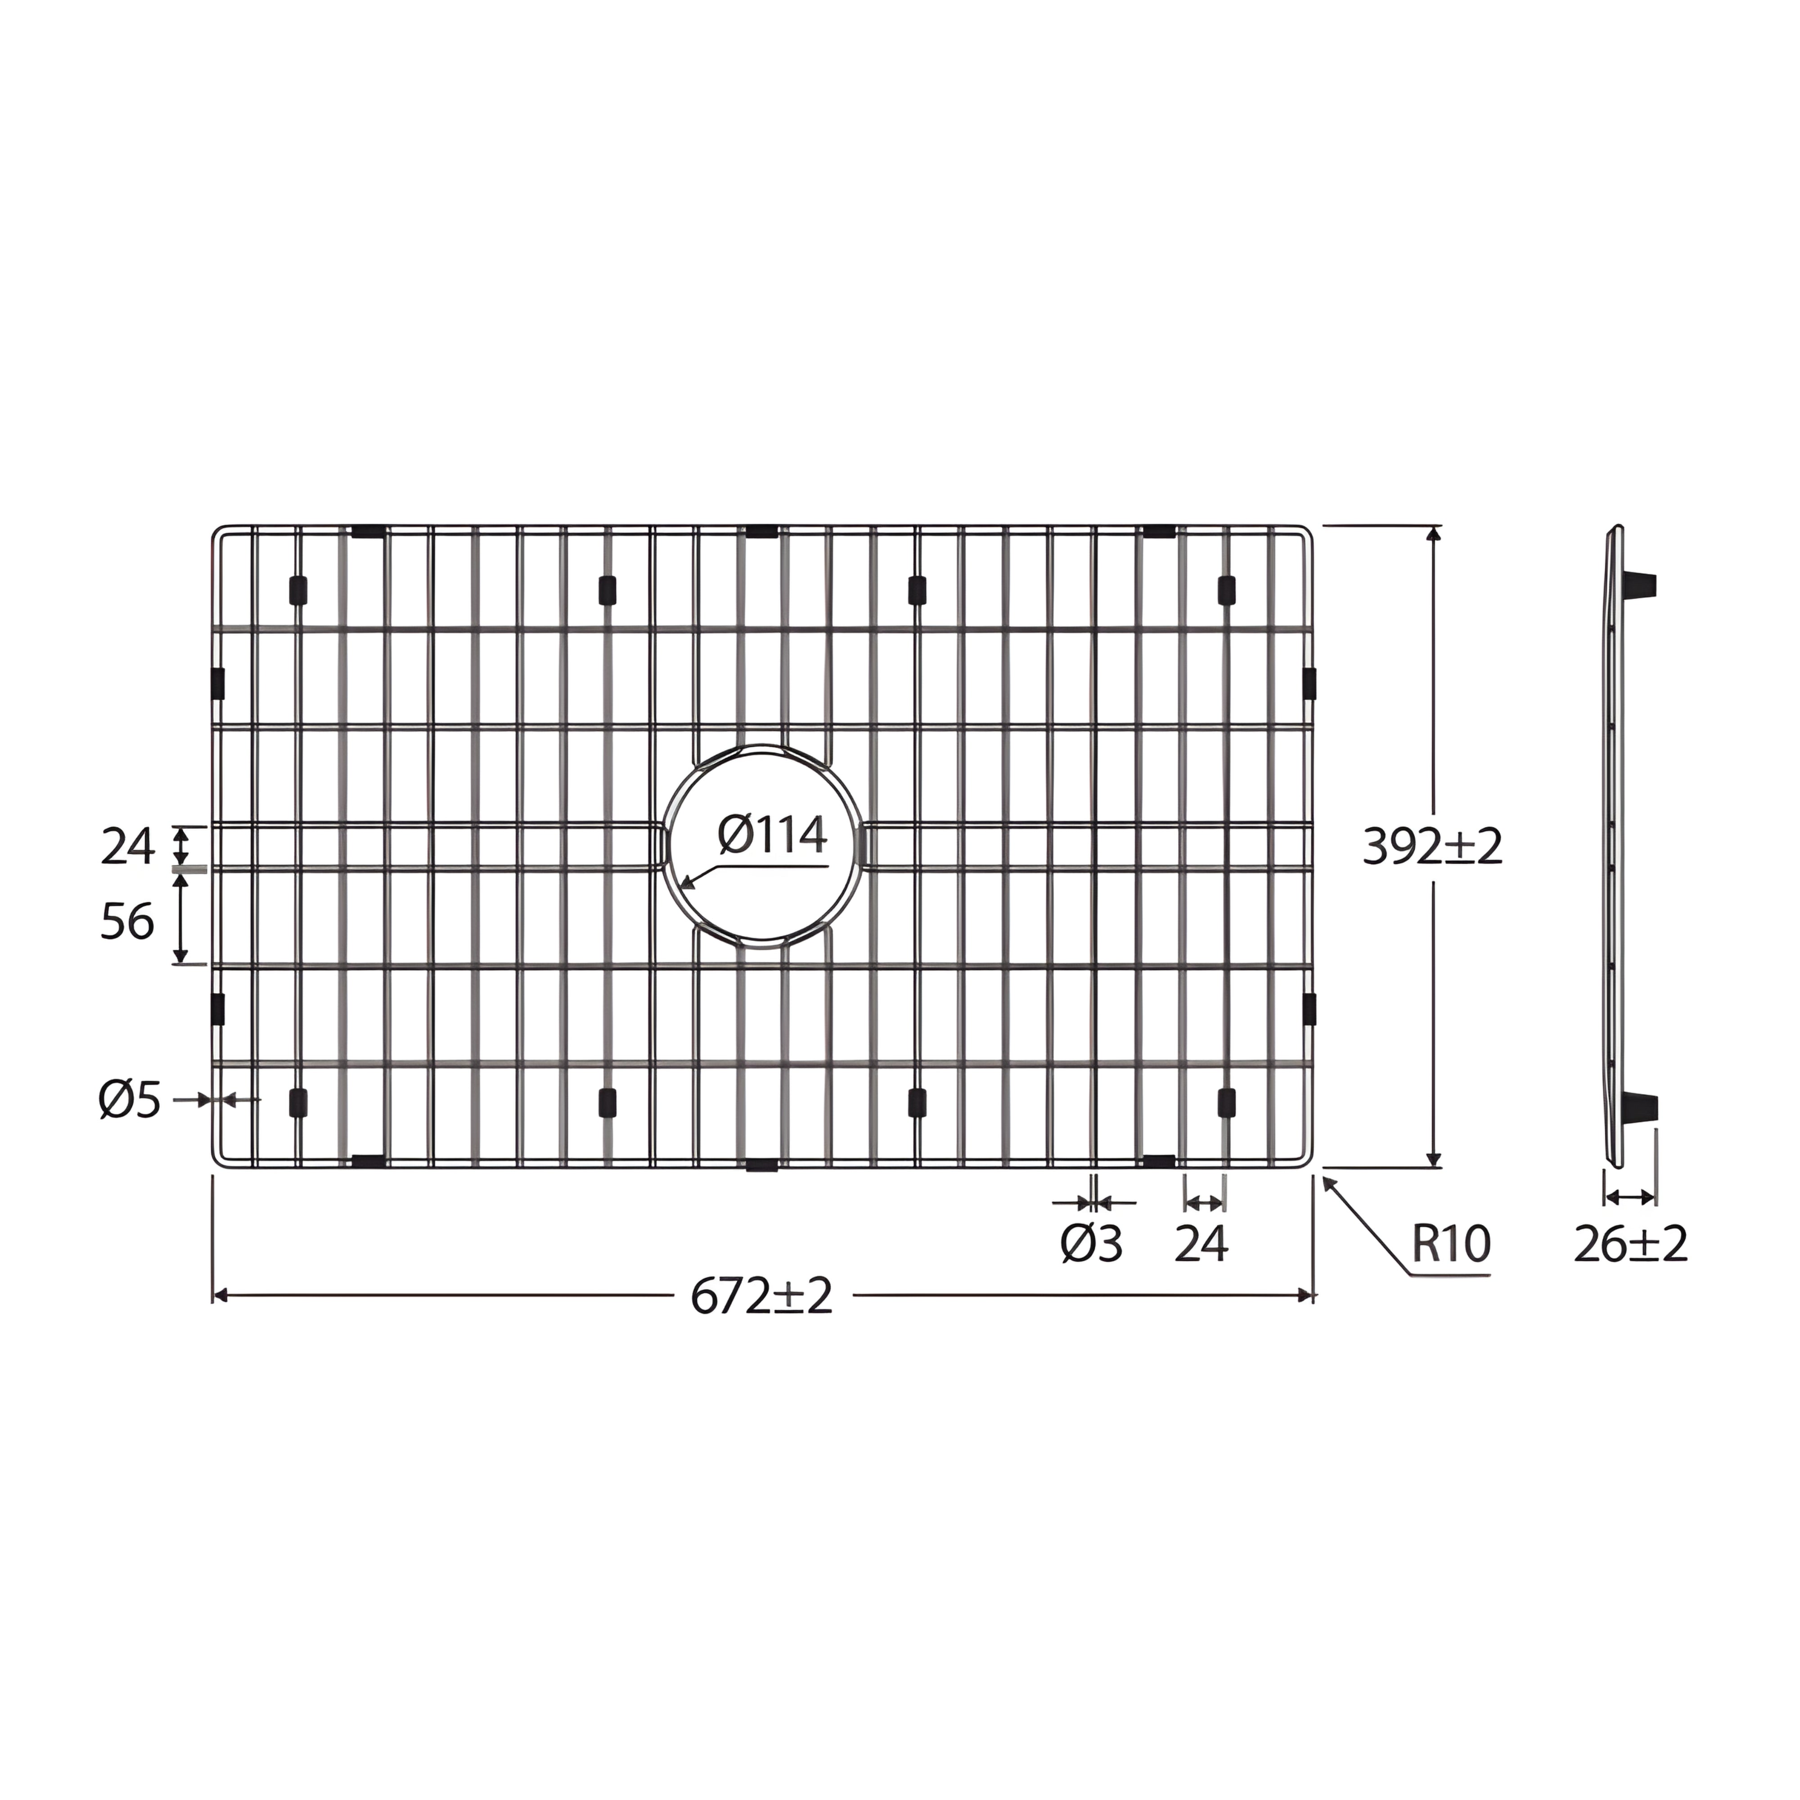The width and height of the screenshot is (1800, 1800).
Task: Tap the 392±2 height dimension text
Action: click(1433, 847)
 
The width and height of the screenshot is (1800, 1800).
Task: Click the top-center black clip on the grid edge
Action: click(762, 532)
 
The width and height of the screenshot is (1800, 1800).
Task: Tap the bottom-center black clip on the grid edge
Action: click(762, 1165)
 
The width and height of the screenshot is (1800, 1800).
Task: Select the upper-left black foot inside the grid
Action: click(298, 590)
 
